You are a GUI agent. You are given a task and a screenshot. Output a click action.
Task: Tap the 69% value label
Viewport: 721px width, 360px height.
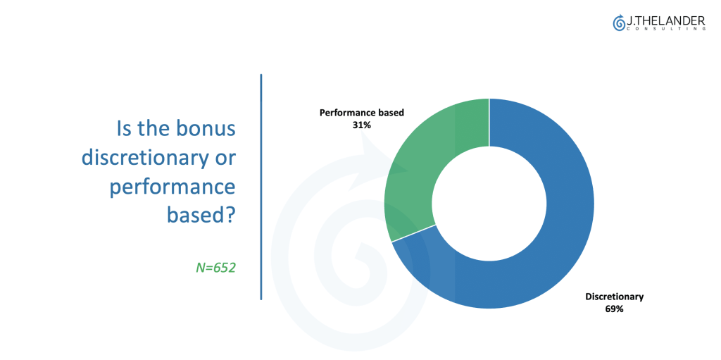coord(614,309)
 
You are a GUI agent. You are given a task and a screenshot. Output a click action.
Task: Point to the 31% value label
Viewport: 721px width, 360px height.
coord(361,124)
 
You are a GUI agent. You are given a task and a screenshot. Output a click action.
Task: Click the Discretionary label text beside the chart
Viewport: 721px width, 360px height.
coord(614,297)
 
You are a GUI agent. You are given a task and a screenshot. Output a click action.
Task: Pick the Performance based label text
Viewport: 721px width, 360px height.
coord(362,112)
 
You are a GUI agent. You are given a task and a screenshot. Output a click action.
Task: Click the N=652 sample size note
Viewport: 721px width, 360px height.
coord(215,268)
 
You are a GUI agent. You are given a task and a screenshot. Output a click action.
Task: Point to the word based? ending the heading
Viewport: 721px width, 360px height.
coord(201,215)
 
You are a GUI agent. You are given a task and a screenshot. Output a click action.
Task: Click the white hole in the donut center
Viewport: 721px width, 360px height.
coord(489,204)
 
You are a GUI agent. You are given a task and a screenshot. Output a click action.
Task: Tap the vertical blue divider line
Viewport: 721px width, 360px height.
coord(261,187)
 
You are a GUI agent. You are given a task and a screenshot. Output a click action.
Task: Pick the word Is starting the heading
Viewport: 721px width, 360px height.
coord(125,128)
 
